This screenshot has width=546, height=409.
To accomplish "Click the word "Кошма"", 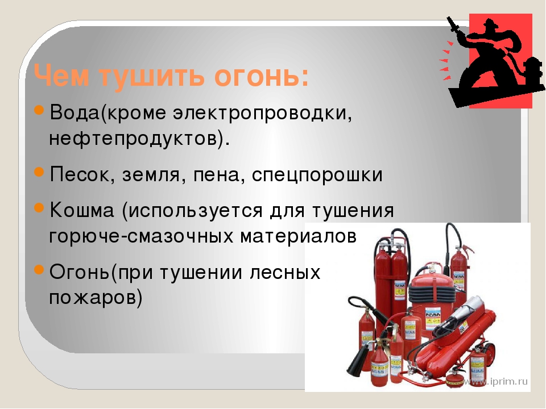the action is [x=82, y=210].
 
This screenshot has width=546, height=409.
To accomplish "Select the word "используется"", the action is [x=195, y=211].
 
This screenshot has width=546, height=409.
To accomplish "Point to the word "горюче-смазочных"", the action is [x=142, y=237].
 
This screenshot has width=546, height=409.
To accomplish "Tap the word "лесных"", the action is [x=285, y=272].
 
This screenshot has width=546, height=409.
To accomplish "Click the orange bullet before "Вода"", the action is [x=39, y=111].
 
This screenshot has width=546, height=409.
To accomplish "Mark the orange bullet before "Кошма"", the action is [x=39, y=208].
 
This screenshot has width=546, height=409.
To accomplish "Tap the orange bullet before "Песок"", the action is [x=39, y=172].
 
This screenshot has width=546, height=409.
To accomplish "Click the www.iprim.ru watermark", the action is [x=496, y=382].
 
